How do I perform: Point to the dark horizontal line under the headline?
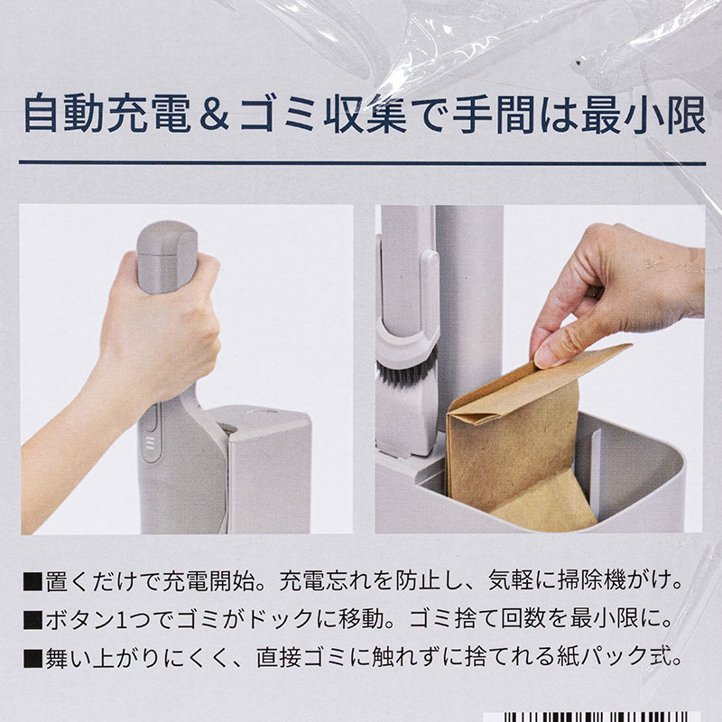point(362,162)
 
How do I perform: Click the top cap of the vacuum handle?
point(168,238)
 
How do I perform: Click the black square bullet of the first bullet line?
point(32,583)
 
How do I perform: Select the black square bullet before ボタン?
point(32,621)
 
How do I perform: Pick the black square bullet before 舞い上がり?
point(32,659)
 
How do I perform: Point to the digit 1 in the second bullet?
point(121,620)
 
